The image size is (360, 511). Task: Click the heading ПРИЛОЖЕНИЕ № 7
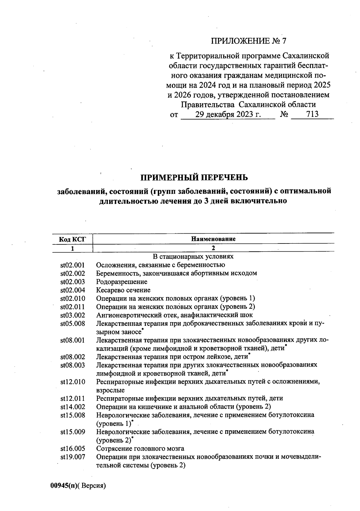pos(249,41)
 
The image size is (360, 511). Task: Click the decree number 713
pos(312,114)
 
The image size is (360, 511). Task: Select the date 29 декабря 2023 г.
pos(228,114)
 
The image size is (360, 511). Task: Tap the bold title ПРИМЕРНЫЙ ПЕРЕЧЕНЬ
pos(194,178)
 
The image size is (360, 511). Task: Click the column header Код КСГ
pos(72,239)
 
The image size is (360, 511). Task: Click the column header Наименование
pos(213,239)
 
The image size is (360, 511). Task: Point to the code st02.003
pos(73,282)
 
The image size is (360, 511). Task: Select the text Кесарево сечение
pos(123,290)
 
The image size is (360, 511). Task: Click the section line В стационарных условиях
pos(193,257)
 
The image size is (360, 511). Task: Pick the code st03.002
pos(73,315)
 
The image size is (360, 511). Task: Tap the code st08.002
pos(73,357)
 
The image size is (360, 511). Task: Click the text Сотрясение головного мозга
pos(140,449)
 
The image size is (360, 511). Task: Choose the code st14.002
pos(73,407)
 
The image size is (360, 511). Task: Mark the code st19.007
pos(73,457)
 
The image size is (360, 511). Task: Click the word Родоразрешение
pos(121,282)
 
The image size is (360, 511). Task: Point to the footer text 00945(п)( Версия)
pos(78,486)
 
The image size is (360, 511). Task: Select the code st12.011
pos(73,398)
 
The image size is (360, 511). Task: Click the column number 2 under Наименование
pos(213,248)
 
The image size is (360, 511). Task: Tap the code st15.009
pos(73,432)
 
